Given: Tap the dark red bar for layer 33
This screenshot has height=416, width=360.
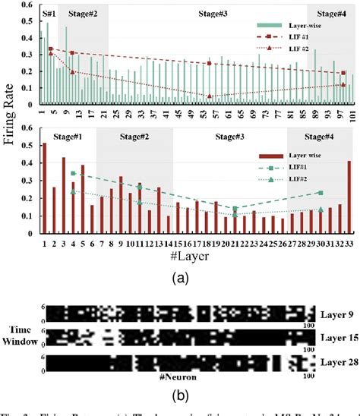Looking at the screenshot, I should tap(349, 197).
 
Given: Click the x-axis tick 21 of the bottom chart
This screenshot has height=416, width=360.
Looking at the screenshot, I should tap(235, 243).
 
